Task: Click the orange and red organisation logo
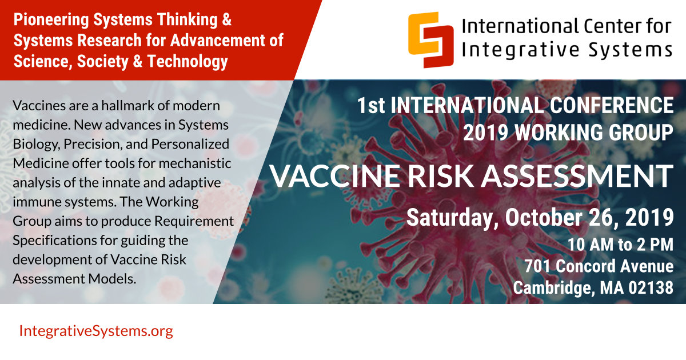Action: coord(430,40)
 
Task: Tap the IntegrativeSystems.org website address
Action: coord(96,331)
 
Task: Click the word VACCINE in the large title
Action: coord(336,176)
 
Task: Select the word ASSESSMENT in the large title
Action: coord(577,176)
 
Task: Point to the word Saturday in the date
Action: coord(452,218)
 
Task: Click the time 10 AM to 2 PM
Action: coord(620,245)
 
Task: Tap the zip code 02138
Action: coord(651,288)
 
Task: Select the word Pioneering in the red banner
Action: coord(51,20)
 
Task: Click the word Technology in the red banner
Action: coord(188,61)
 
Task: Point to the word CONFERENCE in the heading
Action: coord(612,105)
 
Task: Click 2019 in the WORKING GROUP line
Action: coord(485,133)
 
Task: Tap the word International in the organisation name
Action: coord(520,26)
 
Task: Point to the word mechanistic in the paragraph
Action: coord(195,163)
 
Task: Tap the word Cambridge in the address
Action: coord(555,289)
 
